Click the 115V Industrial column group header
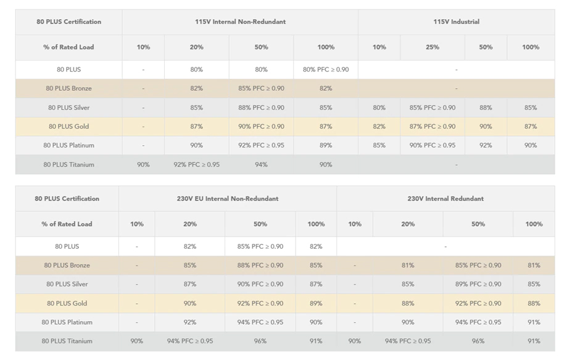456,22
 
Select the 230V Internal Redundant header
445,199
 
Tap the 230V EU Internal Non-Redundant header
228,199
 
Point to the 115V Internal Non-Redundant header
240,22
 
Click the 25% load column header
433,47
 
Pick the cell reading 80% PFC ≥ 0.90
326,69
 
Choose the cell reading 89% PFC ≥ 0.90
478,284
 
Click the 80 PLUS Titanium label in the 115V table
68,165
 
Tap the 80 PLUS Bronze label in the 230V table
67,266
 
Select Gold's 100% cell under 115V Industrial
531,127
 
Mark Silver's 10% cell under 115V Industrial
379,107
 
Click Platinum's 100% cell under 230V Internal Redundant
534,322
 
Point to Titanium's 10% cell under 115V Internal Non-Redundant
143,165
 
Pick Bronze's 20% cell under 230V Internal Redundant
408,266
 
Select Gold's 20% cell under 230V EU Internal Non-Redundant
189,303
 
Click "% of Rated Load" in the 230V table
67,224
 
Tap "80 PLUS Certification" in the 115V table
68,22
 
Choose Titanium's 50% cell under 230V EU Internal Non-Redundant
260,341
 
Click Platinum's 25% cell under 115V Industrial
433,146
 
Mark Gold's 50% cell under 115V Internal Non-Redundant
261,127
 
